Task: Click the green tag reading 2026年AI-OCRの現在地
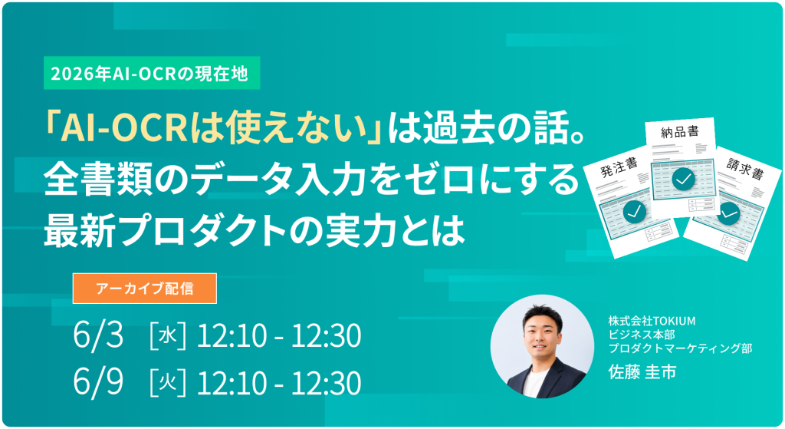(152, 73)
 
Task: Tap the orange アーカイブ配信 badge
(145, 288)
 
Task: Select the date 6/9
(98, 382)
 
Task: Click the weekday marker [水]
(168, 335)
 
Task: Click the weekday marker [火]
(168, 383)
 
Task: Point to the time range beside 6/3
(279, 335)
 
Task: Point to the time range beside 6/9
(279, 383)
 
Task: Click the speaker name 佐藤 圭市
(642, 372)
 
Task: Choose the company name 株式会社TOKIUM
(652, 321)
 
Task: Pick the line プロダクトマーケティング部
(680, 348)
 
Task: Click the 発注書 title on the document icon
(619, 167)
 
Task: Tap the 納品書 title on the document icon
(679, 132)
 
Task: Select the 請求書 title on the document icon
(745, 168)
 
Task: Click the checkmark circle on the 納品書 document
(683, 178)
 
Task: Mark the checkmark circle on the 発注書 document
(634, 212)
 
